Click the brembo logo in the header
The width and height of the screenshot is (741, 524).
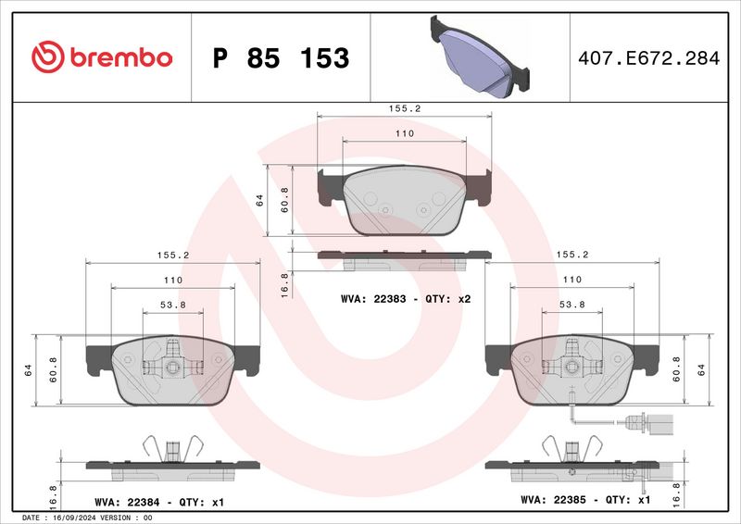(102, 57)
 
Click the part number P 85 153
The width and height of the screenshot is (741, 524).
(281, 58)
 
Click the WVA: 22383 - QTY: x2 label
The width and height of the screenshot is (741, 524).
(407, 300)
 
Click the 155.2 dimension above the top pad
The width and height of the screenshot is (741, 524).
(404, 108)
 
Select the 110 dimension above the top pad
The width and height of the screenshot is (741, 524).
(404, 134)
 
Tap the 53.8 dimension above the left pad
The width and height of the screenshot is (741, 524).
(172, 304)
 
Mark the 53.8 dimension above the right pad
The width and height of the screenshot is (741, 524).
(571, 304)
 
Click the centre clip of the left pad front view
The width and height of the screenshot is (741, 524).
(171, 365)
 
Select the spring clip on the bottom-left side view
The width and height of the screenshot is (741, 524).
(171, 449)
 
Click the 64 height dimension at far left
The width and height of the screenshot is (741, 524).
(29, 369)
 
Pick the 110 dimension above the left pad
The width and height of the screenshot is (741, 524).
(172, 280)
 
